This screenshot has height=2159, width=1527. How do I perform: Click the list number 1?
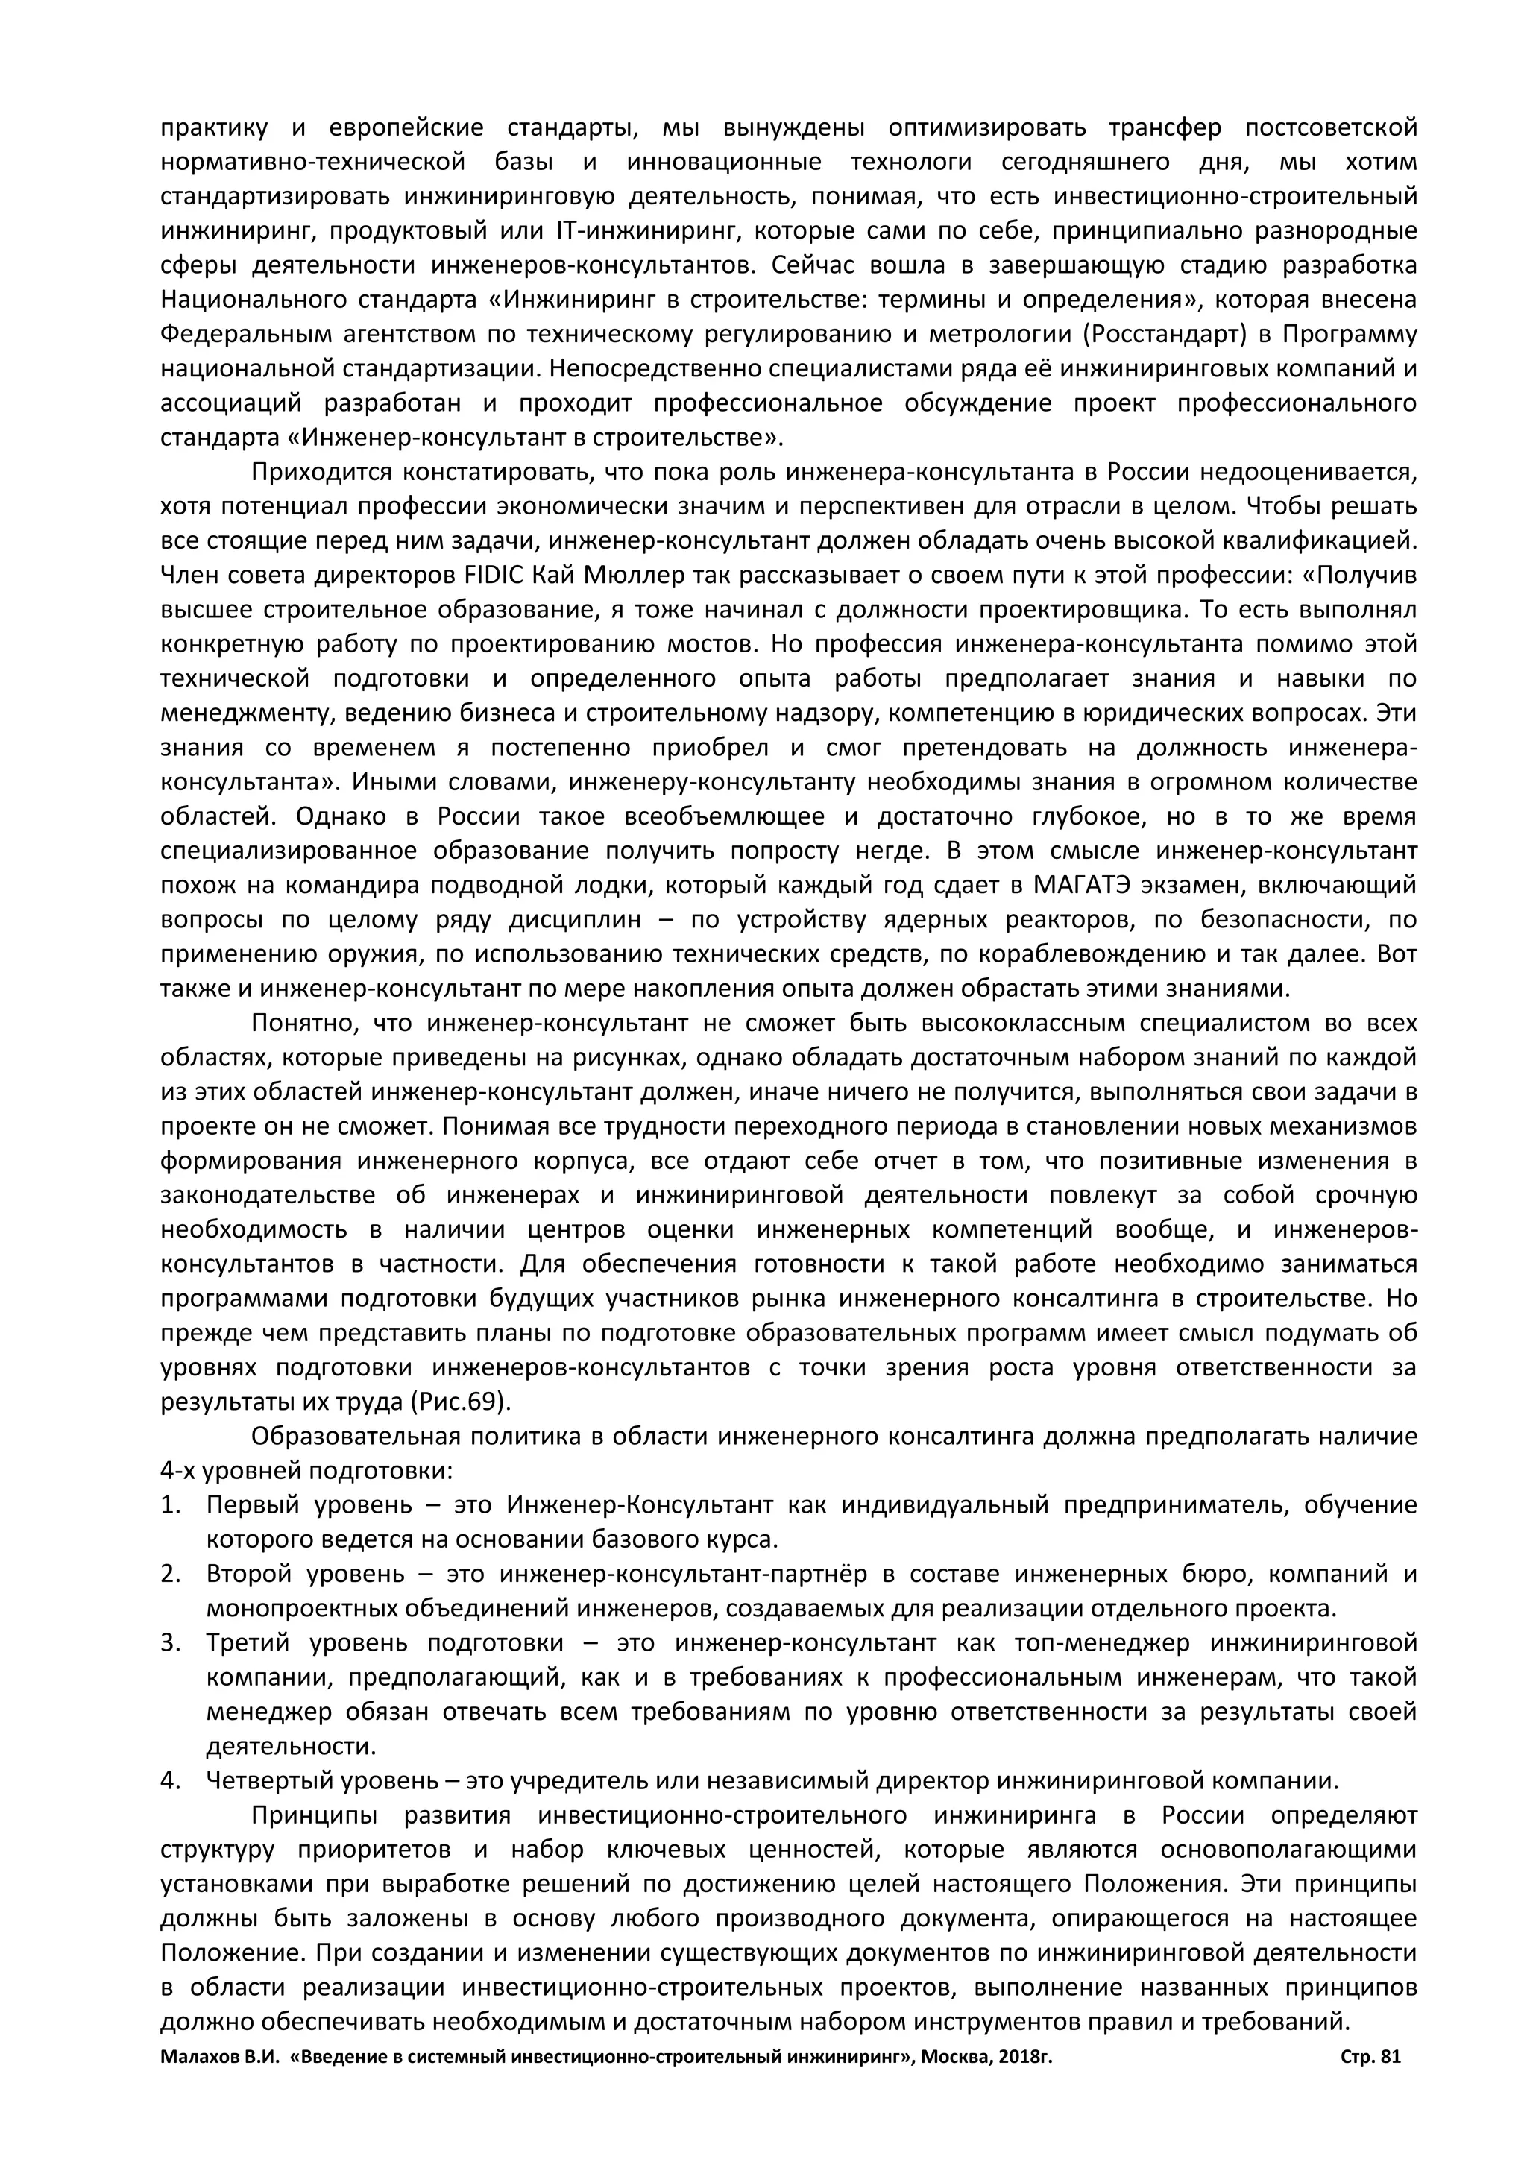170,1504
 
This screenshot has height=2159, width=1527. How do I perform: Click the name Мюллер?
614,576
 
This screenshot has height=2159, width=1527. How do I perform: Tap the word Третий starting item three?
246,1643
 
